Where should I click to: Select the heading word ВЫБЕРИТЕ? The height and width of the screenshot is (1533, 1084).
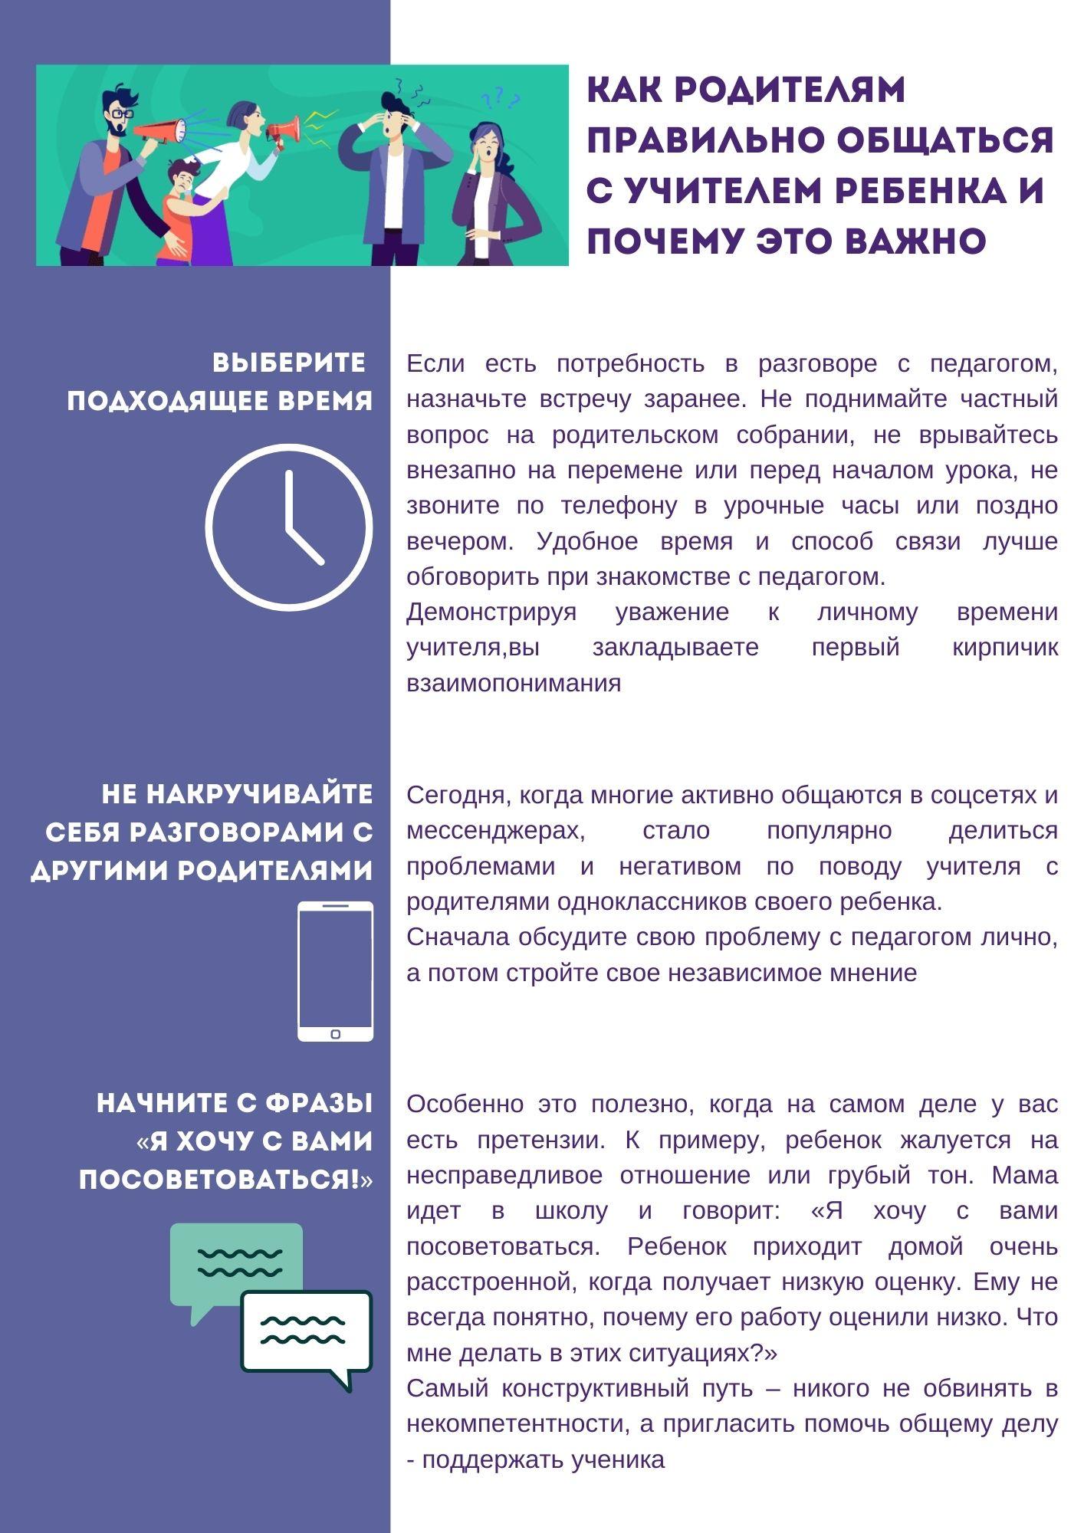(x=289, y=363)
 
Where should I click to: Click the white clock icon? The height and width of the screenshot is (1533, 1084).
(x=289, y=527)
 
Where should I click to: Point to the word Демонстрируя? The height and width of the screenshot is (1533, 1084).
(x=491, y=612)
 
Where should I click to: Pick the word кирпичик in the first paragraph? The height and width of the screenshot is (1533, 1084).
(x=1005, y=648)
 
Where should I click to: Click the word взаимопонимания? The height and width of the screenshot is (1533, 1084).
(x=514, y=683)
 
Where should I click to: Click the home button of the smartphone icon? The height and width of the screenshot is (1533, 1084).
(x=335, y=1034)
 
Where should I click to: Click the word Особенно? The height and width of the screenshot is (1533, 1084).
(x=465, y=1105)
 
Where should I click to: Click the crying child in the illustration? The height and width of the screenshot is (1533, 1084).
(x=179, y=211)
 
